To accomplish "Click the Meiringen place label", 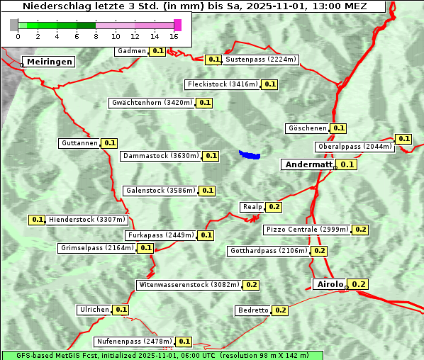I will (x=50, y=62).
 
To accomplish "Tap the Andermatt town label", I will (x=308, y=164).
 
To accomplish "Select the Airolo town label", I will (x=330, y=284).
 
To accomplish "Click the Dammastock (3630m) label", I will (x=160, y=156).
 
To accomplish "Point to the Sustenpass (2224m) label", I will (x=261, y=60).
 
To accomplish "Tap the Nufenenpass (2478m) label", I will (x=134, y=342).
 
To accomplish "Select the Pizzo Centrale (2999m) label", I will (x=307, y=230).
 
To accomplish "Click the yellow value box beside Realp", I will (x=274, y=207).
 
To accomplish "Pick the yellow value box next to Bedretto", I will (x=280, y=310).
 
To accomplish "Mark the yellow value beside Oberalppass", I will (x=403, y=139).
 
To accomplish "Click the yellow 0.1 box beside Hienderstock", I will (x=38, y=220).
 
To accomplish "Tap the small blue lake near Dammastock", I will (x=250, y=154).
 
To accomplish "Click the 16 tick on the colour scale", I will (x=174, y=36).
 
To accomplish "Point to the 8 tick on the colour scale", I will (x=95, y=36).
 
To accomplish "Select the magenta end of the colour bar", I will (x=177, y=25).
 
